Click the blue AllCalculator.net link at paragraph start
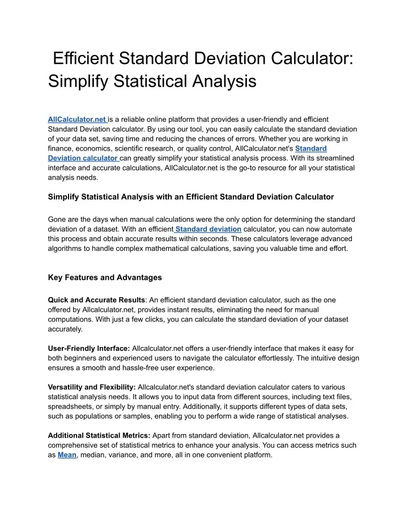pyautogui.click(x=77, y=119)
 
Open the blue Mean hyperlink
pyautogui.click(x=67, y=455)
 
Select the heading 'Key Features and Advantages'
pyautogui.click(x=105, y=277)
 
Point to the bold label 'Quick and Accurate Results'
pyautogui.click(x=96, y=299)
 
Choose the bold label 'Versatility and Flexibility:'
pyautogui.click(x=91, y=387)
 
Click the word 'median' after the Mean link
pyautogui.click(x=93, y=455)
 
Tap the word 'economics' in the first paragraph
pyautogui.click(x=97, y=148)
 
